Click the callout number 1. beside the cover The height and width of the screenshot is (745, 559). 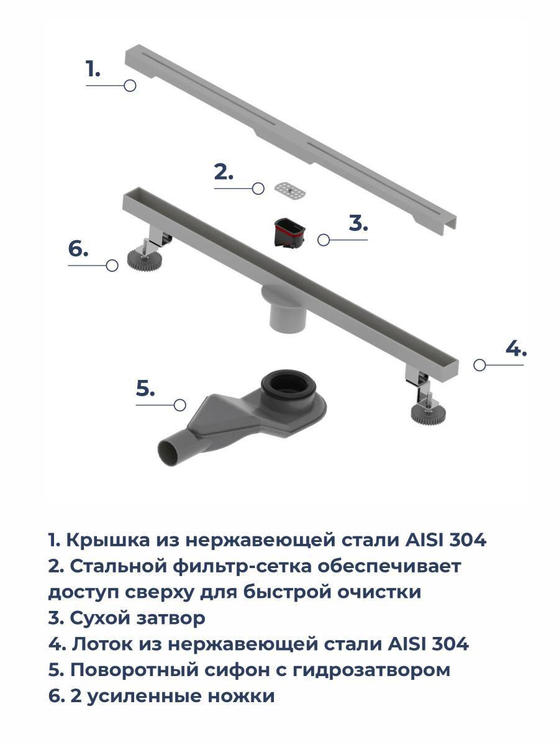pyautogui.click(x=93, y=69)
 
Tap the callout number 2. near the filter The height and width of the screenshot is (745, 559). pyautogui.click(x=224, y=172)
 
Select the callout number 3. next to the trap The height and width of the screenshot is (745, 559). pyautogui.click(x=358, y=223)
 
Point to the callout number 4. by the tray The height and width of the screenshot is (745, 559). pyautogui.click(x=516, y=348)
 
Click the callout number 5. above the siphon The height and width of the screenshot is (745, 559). pyautogui.click(x=145, y=388)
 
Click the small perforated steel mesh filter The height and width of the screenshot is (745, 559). pyautogui.click(x=290, y=190)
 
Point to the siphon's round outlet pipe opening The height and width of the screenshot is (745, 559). pyautogui.click(x=171, y=453)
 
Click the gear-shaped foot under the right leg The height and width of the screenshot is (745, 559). pyautogui.click(x=427, y=413)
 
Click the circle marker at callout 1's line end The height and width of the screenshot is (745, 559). pyautogui.click(x=130, y=86)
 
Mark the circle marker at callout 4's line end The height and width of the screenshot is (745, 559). pyautogui.click(x=479, y=365)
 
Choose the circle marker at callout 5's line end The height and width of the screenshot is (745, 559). pyautogui.click(x=180, y=405)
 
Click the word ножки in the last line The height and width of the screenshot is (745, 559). pyautogui.click(x=241, y=696)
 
